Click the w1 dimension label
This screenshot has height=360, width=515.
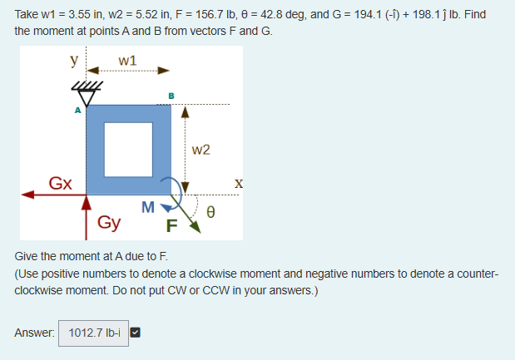coord(128,61)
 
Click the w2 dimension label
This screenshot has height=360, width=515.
coord(201,150)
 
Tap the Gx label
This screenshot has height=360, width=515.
coord(60,182)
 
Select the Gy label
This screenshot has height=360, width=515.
coord(109,223)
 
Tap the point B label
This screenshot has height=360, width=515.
coord(171,96)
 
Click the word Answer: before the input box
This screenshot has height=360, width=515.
coord(36,333)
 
